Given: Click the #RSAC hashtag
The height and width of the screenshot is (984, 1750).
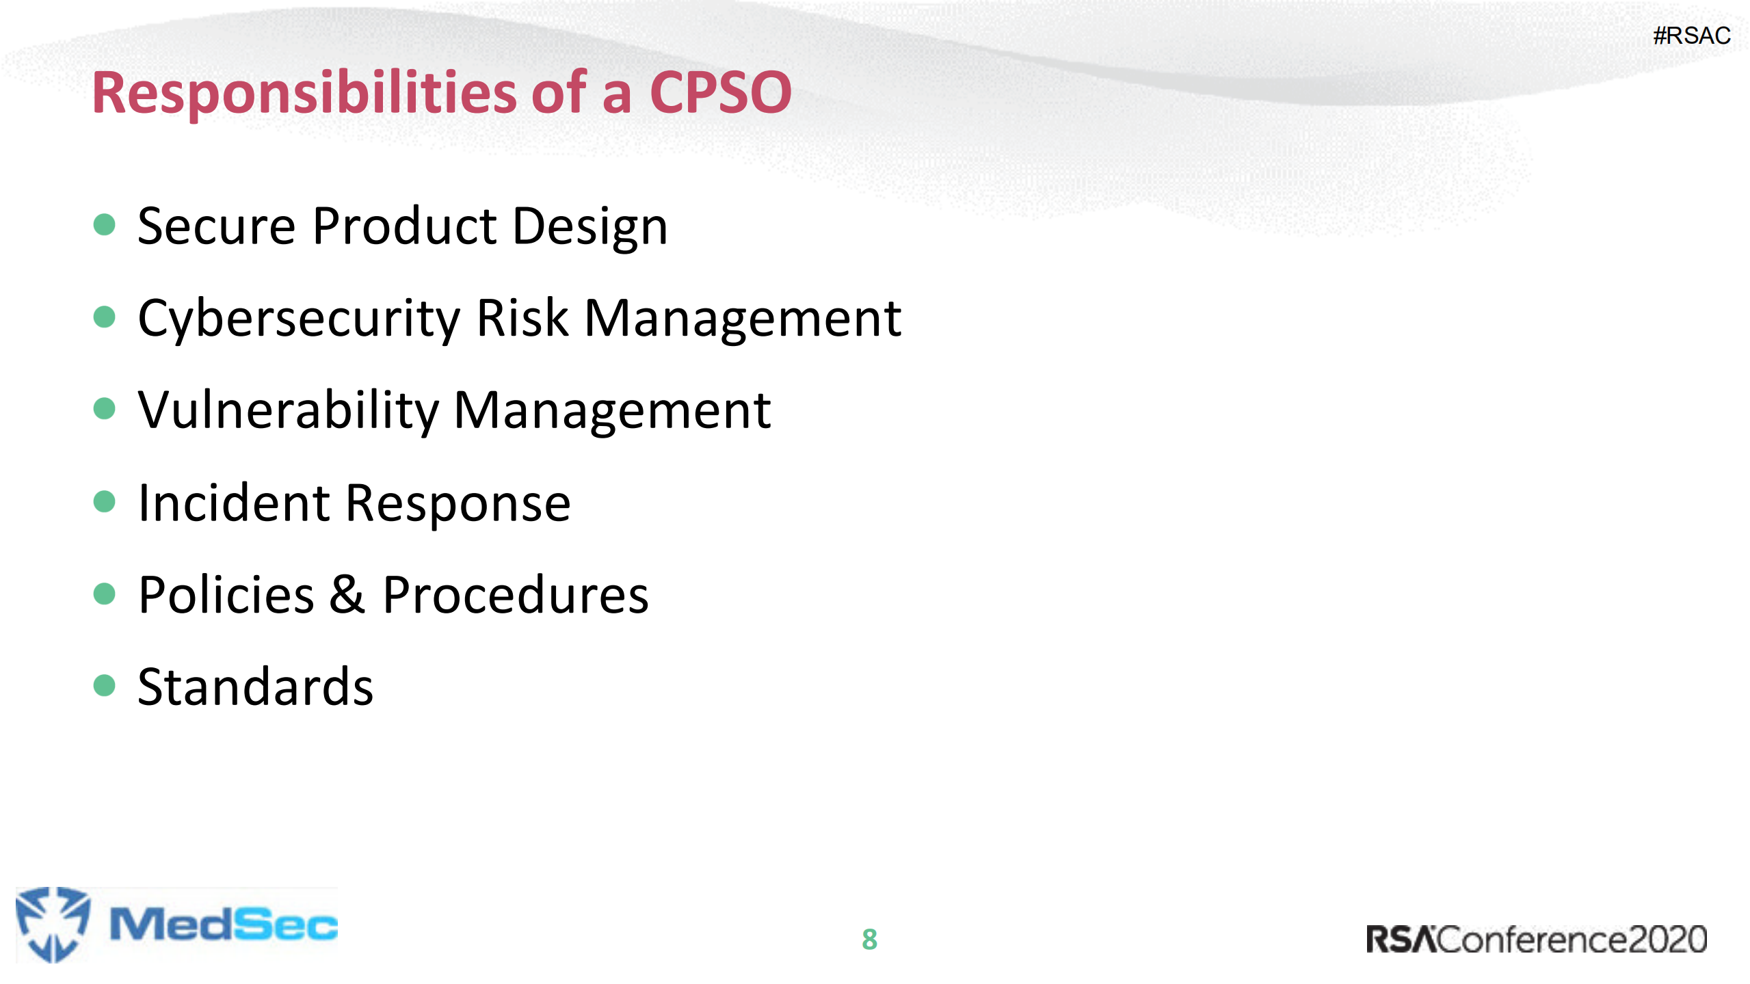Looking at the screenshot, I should tap(1691, 36).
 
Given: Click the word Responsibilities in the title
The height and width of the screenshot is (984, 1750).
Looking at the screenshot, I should tap(304, 93).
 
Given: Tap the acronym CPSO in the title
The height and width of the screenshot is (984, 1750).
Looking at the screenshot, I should tap(720, 93).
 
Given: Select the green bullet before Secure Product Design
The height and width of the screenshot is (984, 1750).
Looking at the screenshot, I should tap(104, 224).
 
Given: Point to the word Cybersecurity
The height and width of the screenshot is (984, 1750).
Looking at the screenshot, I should tap(300, 319).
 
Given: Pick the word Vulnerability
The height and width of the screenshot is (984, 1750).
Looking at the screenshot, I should tap(288, 411).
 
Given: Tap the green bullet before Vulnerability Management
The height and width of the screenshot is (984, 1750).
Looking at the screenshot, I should tap(104, 408).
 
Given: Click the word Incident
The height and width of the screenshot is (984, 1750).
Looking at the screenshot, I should tap(234, 503).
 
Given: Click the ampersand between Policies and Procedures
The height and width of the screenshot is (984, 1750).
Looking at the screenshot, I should tap(347, 594).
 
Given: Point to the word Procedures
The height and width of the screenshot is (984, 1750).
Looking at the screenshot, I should tap(515, 595).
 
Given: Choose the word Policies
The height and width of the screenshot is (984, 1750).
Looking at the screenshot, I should tap(226, 595).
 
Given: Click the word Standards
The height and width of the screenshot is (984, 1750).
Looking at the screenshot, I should tap(255, 687).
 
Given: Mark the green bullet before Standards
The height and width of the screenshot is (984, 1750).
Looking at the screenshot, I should tap(104, 684).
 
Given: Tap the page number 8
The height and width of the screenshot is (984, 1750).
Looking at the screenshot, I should tap(869, 940).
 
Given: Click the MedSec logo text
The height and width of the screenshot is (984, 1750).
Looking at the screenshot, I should tap(224, 925).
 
